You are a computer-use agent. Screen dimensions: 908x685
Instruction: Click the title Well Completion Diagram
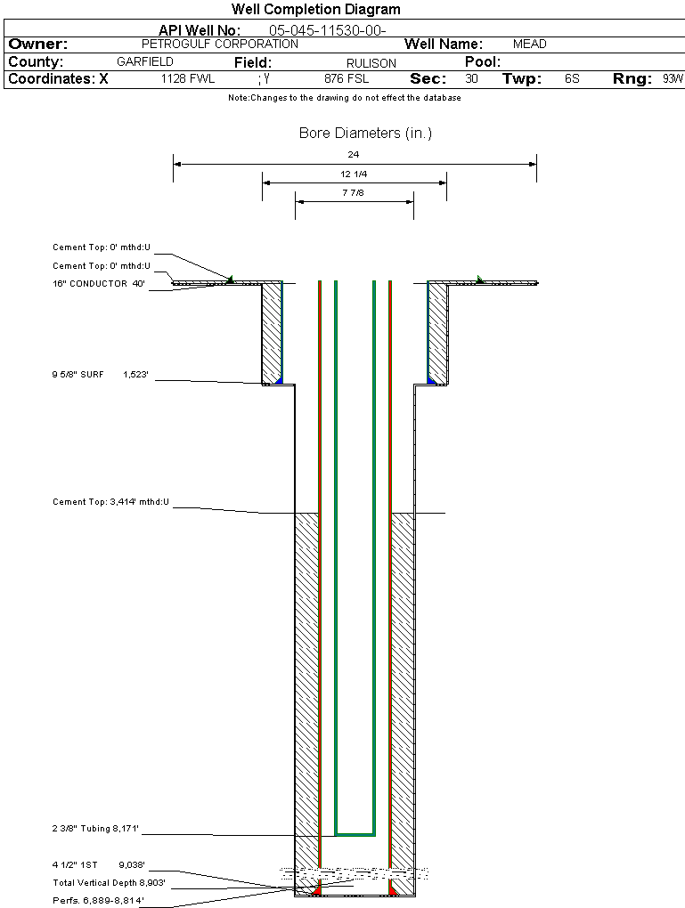[x=315, y=9]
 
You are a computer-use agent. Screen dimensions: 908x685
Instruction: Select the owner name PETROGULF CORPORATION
[x=220, y=44]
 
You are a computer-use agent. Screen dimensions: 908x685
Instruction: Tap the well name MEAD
[x=530, y=44]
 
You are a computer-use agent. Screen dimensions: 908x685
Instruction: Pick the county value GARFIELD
[x=145, y=61]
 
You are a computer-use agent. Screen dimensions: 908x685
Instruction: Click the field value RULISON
[x=371, y=62]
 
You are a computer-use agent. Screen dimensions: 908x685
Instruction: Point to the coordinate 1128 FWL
[x=188, y=78]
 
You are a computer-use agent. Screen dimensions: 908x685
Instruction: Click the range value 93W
[x=673, y=78]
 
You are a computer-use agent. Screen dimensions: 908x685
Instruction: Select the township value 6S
[x=572, y=78]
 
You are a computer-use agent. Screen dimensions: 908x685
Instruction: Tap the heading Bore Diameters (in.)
[x=365, y=134]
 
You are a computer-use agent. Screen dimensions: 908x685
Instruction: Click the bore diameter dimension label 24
[x=354, y=155]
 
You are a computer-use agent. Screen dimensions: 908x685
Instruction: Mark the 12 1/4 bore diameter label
[x=354, y=174]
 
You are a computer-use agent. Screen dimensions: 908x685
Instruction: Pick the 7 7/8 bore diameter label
[x=354, y=192]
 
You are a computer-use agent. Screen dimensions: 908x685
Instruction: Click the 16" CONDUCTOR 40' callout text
[x=99, y=283]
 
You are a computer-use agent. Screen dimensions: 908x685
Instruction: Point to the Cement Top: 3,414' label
[x=110, y=502]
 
